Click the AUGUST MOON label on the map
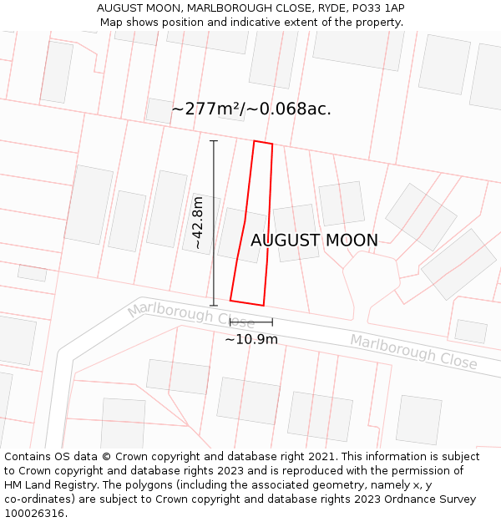tap(314, 241)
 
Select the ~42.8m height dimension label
tap(198, 223)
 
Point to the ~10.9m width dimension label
tap(251, 339)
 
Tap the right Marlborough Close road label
tap(413, 352)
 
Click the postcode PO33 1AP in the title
tap(373, 8)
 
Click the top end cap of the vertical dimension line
tap(214, 141)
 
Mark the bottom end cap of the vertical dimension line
tap(214, 305)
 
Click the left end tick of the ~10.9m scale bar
tap(230, 322)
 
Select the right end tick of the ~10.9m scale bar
tap(272, 322)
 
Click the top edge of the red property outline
tap(263, 143)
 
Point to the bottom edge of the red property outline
tap(247, 302)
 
